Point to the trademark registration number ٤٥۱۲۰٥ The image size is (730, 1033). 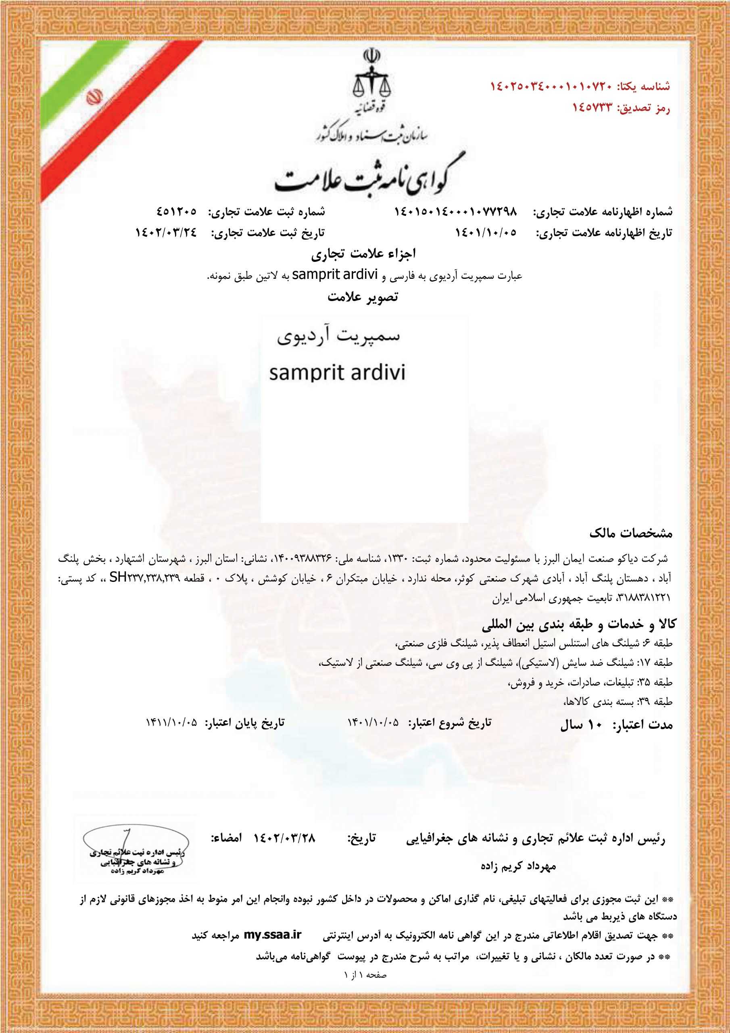pyautogui.click(x=177, y=211)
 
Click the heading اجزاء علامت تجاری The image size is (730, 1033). pyautogui.click(x=363, y=254)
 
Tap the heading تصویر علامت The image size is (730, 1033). pyautogui.click(x=363, y=297)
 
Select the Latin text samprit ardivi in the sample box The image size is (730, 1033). pyautogui.click(x=337, y=373)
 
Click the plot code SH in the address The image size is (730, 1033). pyautogui.click(x=117, y=578)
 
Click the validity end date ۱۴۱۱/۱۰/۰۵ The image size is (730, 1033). pyautogui.click(x=171, y=723)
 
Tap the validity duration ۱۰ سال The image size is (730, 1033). pyautogui.click(x=581, y=725)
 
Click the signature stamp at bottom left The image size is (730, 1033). pyautogui.click(x=136, y=851)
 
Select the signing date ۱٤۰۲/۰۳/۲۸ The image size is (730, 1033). pyautogui.click(x=285, y=838)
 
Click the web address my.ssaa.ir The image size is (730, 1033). pyautogui.click(x=272, y=935)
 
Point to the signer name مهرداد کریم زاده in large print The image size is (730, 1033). pyautogui.click(x=518, y=866)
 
